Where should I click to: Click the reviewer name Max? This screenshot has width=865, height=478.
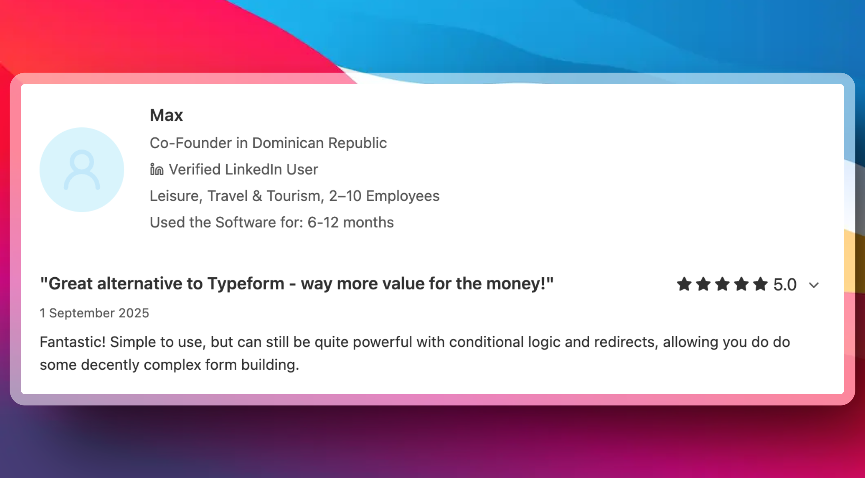(166, 115)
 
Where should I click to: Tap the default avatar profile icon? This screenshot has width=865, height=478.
(82, 169)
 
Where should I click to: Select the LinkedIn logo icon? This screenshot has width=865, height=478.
(157, 169)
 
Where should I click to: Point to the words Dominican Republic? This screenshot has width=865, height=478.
(319, 143)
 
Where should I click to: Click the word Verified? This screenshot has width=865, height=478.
(195, 169)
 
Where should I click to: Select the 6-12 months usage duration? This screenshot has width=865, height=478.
(350, 222)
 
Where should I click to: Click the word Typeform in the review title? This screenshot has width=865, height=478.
(245, 284)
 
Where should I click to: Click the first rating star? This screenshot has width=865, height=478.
(684, 284)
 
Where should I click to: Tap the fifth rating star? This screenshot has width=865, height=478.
(760, 284)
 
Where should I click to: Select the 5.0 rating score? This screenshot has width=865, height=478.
(785, 284)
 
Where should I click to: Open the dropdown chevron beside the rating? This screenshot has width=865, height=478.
(814, 285)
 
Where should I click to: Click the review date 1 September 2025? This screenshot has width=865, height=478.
(94, 313)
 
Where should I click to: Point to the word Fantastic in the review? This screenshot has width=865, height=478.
(72, 342)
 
